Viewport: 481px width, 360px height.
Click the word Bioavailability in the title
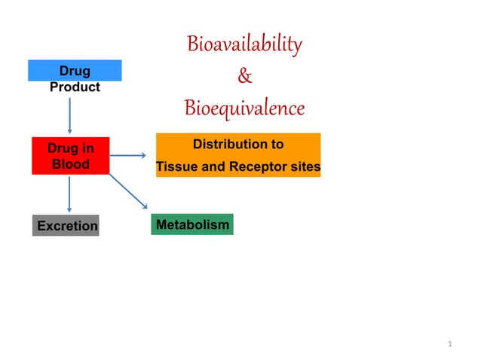[x=244, y=44]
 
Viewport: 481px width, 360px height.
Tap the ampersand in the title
[x=245, y=76]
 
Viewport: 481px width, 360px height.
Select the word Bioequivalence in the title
[x=244, y=108]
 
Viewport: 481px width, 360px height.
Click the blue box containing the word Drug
[x=75, y=71]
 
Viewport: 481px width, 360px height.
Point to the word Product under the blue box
[x=75, y=87]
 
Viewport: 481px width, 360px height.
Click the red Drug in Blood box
[x=70, y=156]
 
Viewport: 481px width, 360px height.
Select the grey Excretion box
[x=66, y=225]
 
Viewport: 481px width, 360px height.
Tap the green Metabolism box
[x=191, y=224]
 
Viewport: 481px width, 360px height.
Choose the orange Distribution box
[x=237, y=155]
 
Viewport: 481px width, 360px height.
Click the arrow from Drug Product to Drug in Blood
[x=70, y=114]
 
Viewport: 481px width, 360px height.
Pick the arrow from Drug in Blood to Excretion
[x=70, y=194]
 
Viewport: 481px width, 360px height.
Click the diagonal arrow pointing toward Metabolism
[x=128, y=191]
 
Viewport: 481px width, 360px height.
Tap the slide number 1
[x=449, y=344]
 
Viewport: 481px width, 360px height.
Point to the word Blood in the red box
[x=70, y=164]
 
